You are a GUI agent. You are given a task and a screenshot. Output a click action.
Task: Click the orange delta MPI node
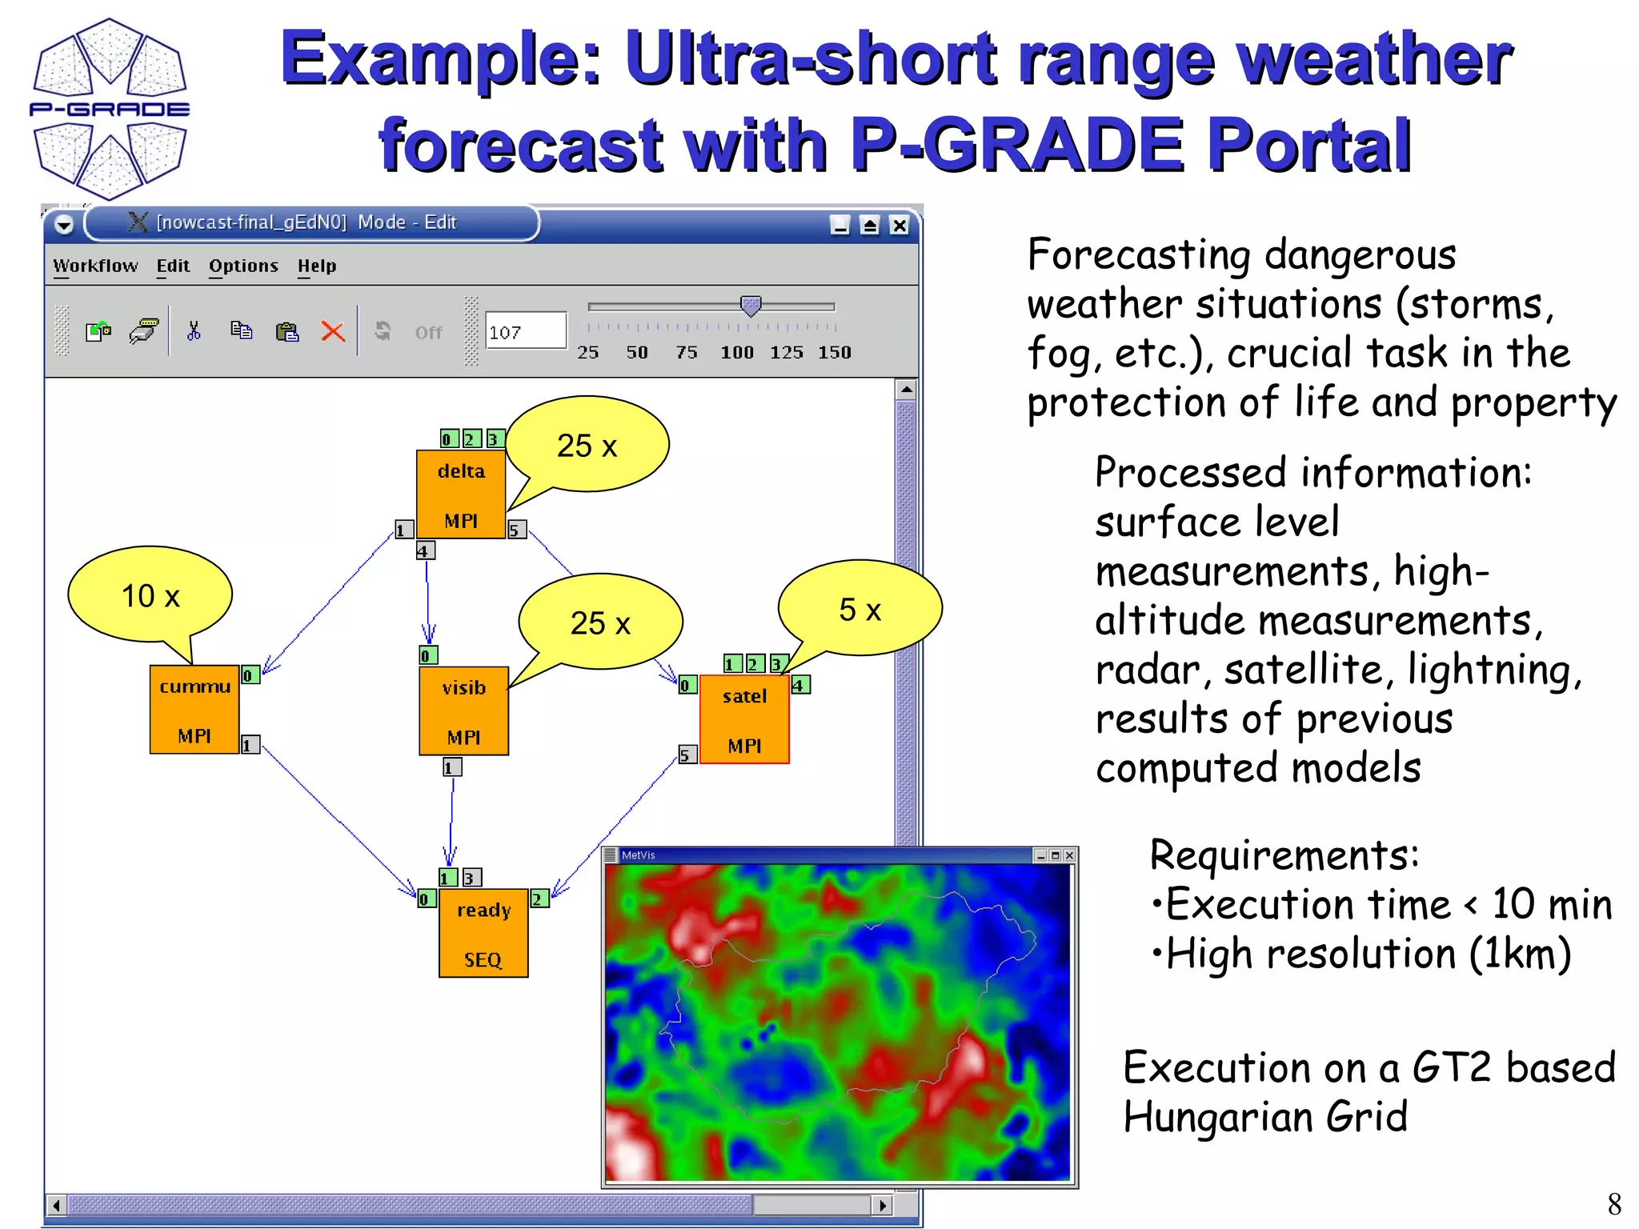461,494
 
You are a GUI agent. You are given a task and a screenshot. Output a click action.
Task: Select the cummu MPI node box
194,710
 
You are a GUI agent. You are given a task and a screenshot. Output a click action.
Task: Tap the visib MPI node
463,711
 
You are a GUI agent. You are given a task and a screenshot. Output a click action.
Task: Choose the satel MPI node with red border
744,719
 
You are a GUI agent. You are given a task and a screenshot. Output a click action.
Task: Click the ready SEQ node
483,933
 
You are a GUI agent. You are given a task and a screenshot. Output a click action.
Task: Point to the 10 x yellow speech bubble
150,595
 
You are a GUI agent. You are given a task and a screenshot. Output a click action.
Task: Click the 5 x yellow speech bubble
860,609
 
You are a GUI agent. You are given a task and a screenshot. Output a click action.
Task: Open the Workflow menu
95,266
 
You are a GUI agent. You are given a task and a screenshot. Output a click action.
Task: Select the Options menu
243,266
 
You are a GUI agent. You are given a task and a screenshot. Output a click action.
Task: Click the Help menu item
317,266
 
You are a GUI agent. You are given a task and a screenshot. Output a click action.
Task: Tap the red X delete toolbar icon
333,331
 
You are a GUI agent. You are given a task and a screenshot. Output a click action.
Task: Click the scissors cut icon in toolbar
194,331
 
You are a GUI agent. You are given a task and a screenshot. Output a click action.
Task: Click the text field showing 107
524,331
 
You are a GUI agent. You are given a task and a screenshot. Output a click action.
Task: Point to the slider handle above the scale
751,305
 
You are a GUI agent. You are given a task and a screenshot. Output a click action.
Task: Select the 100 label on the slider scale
736,352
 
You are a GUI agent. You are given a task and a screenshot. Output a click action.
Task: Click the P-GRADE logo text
110,109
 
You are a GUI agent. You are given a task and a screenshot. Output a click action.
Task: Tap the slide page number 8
1614,1203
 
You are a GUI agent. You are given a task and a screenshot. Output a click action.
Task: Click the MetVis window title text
638,855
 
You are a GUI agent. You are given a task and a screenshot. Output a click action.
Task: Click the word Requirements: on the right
1284,855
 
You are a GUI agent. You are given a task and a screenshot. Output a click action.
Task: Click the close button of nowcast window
900,226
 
